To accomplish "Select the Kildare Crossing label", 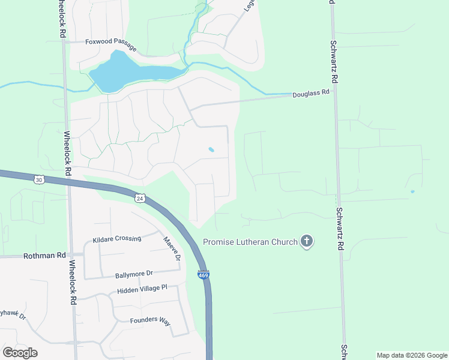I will pos(116,239).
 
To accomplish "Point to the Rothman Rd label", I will pos(44,256).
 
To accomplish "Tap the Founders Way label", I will pos(150,320).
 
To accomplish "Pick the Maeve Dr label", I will pos(172,249).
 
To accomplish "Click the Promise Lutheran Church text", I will pos(250,242).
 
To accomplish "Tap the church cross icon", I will pos(307,242).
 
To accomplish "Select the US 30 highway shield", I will pos(39,179).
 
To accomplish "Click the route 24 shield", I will pos(140,198).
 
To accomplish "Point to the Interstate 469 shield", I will pos(203,275).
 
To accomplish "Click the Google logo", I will pos(20,353).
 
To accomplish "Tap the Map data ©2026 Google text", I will pos(412,355).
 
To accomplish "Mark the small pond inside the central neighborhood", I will pos(211,149).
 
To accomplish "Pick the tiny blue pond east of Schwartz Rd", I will pos(412,192).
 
